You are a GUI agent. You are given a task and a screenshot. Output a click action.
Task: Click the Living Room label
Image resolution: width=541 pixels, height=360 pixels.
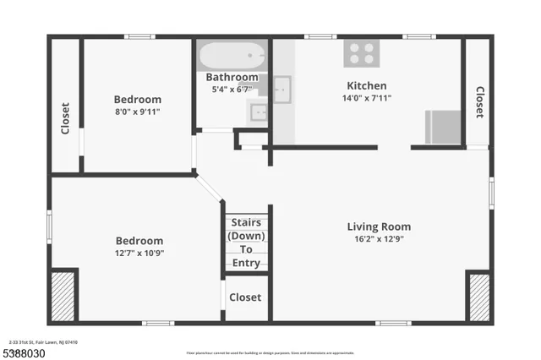379,226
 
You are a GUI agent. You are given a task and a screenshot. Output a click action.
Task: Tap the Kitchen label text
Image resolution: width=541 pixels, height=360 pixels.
367,85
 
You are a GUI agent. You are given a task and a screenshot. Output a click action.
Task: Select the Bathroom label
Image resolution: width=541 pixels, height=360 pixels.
232,78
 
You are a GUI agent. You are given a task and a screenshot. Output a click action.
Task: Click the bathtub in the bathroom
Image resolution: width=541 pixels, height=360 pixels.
231,57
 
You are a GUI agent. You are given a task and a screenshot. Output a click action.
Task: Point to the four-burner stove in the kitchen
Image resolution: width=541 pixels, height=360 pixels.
360,53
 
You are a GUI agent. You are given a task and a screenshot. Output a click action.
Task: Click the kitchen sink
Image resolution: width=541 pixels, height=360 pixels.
281,87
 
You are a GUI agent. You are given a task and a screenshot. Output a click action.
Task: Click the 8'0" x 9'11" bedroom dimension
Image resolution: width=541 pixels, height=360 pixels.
137,111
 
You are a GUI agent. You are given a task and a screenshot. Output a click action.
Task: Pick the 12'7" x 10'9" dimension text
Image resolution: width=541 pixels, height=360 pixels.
139,253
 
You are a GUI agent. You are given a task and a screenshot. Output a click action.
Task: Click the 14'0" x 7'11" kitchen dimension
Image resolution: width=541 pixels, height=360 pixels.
367,98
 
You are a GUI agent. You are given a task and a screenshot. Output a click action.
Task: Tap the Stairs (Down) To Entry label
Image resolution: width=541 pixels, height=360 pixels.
246,243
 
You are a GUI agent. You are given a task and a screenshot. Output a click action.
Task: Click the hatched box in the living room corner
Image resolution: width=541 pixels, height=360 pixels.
478,296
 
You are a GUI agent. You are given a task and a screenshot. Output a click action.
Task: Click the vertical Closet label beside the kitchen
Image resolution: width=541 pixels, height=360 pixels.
478,103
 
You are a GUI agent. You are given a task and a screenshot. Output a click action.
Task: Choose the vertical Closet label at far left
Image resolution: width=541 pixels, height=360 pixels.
65,119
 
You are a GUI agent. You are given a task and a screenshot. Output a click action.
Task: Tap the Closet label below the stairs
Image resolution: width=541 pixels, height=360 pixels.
245,297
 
